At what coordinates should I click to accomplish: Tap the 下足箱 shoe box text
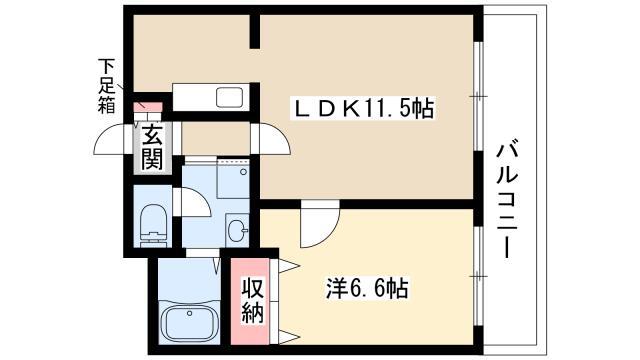[105, 85]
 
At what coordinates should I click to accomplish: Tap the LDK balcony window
[479, 99]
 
